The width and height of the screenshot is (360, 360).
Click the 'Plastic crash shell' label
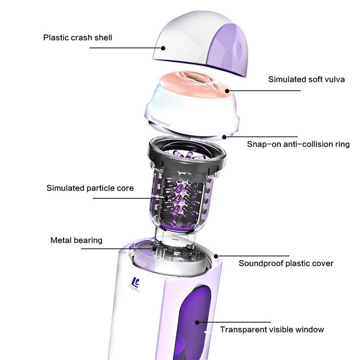point(78,37)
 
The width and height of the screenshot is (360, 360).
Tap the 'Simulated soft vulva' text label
point(307,79)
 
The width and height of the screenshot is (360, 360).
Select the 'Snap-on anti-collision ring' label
point(298,144)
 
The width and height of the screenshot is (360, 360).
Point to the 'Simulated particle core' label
point(90,188)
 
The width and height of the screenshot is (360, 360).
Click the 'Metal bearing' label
point(76,240)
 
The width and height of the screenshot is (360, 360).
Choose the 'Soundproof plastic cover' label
point(286,264)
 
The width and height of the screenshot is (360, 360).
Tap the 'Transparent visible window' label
point(272,330)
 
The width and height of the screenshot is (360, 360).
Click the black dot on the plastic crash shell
point(163,48)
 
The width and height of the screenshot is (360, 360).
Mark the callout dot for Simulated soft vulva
point(228,91)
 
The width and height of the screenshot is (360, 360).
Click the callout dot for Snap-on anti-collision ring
point(224,137)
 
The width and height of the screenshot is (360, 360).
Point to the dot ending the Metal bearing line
point(155,249)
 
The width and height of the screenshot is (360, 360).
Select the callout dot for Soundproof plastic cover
point(216,256)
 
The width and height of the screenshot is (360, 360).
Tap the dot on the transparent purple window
point(197,323)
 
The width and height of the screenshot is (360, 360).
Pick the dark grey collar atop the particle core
point(187,158)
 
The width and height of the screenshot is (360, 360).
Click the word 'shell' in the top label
point(103,37)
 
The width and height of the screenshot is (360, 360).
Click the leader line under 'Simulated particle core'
point(129,198)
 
